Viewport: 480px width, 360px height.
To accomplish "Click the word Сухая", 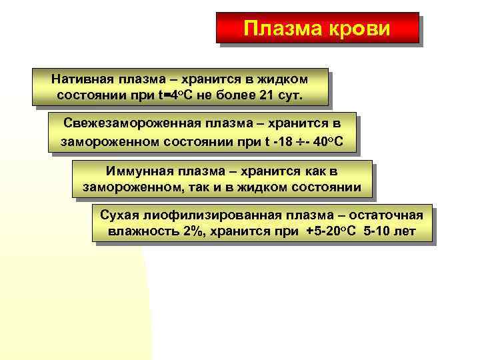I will pyautogui.click(x=117, y=215).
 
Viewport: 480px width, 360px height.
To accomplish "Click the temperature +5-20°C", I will pyautogui.click(x=334, y=232).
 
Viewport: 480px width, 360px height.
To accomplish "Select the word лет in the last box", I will pyautogui.click(x=405, y=232).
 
